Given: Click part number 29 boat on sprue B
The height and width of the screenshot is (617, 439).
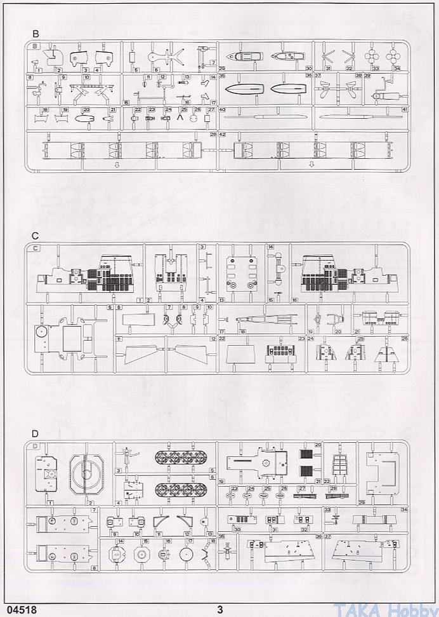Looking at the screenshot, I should click(242, 56).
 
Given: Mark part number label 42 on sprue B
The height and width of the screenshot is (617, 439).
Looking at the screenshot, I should click(223, 135).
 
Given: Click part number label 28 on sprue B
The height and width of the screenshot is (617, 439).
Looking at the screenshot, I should click(213, 135).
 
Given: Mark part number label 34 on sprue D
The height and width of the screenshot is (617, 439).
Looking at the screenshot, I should click(404, 510).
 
